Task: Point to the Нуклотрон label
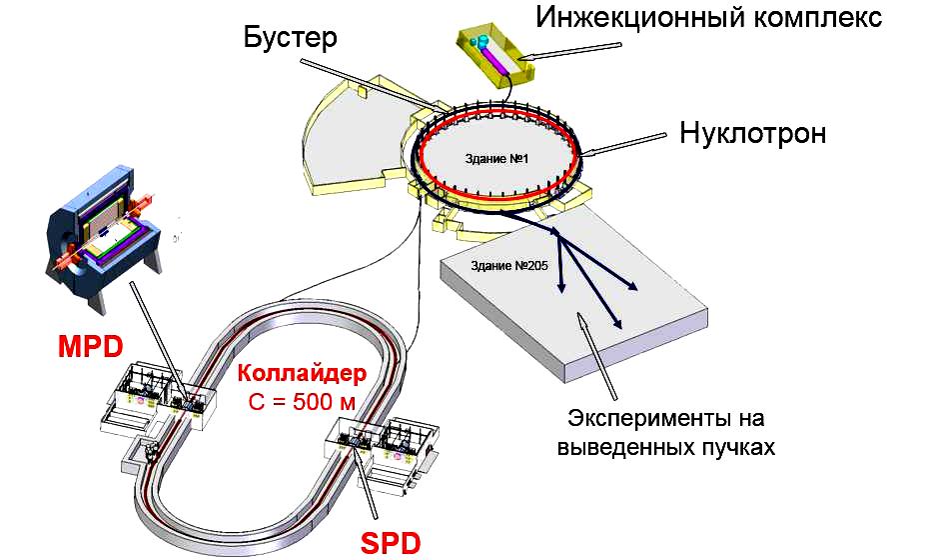pyautogui.click(x=753, y=134)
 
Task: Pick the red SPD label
pyautogui.click(x=390, y=543)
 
